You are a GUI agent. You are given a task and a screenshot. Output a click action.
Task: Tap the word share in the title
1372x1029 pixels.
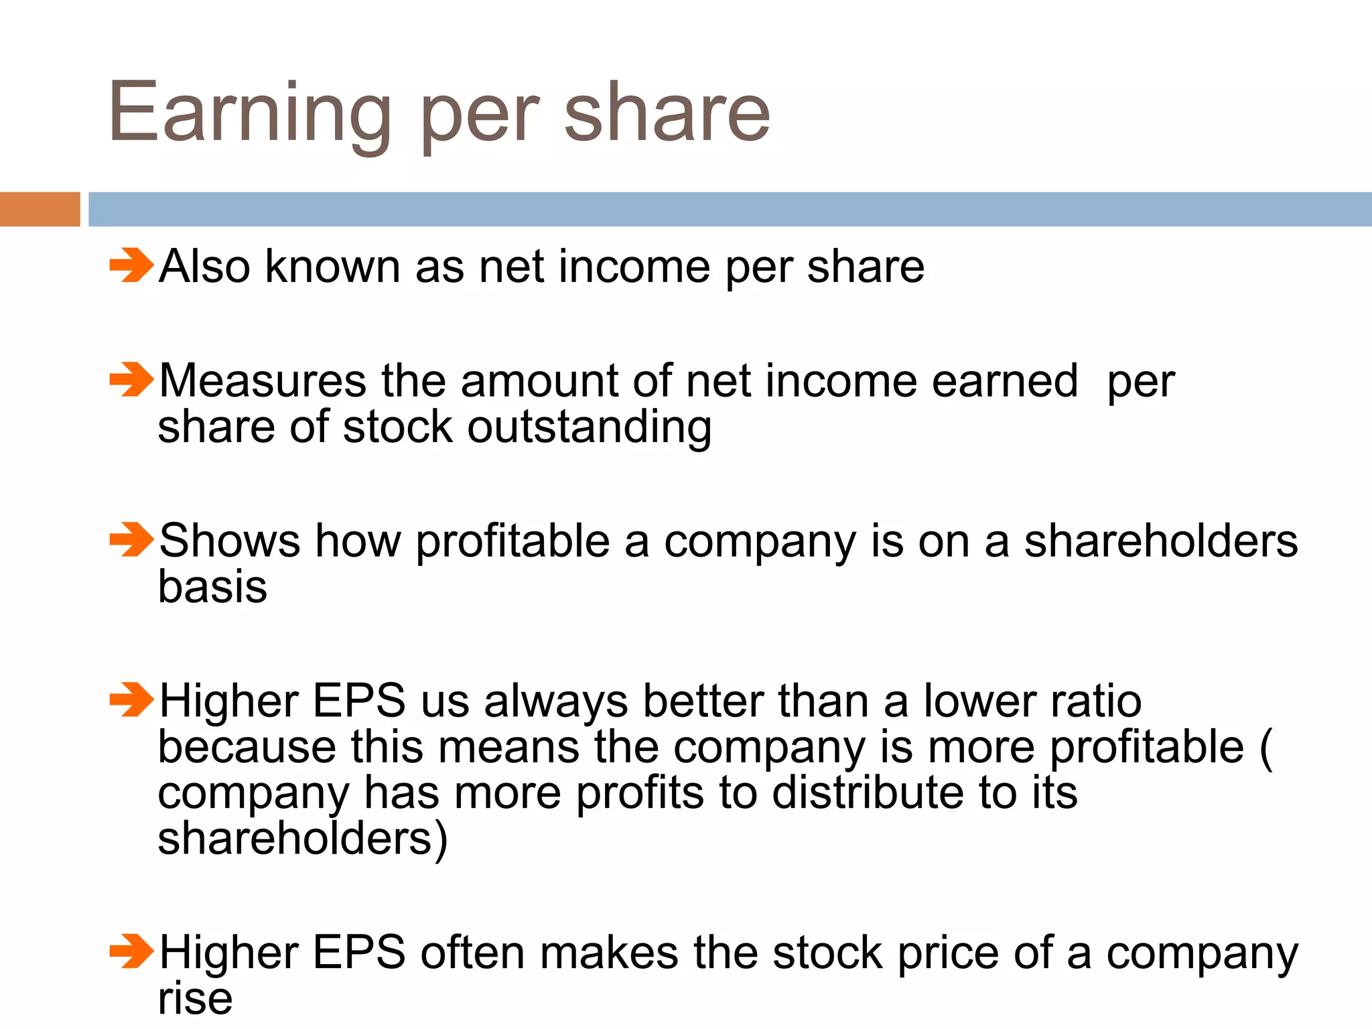coord(667,113)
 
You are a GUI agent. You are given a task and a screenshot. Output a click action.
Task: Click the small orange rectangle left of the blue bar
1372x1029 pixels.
coord(40,209)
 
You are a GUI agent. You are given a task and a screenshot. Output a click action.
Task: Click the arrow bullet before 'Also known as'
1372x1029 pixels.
coord(131,265)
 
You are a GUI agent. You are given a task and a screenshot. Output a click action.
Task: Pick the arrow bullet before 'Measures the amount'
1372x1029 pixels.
coord(131,380)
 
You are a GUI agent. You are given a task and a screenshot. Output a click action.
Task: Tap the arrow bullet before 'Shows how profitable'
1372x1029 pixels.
coord(131,540)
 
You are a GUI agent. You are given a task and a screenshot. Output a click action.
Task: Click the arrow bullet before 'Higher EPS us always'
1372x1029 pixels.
coord(131,700)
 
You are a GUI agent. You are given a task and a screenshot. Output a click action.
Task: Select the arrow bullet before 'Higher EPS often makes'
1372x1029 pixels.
coord(131,952)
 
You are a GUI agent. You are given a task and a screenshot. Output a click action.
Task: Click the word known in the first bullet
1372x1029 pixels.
coord(332,267)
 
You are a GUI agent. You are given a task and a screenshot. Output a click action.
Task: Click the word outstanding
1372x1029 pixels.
coord(590,427)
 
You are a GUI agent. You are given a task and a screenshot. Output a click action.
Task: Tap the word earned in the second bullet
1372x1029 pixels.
coord(1004,381)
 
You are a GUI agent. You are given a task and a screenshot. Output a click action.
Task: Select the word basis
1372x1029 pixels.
coord(212,587)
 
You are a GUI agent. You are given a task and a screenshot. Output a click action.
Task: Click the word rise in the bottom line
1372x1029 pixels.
coord(195,998)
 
